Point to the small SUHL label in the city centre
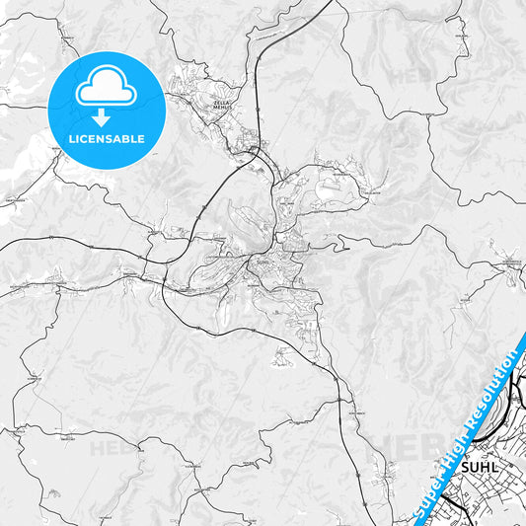click(x=261, y=262)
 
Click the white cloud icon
click(x=105, y=90)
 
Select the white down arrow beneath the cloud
click(x=105, y=116)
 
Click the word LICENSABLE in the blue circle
click(x=106, y=139)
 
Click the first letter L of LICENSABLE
click(x=69, y=139)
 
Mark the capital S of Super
click(x=415, y=513)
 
